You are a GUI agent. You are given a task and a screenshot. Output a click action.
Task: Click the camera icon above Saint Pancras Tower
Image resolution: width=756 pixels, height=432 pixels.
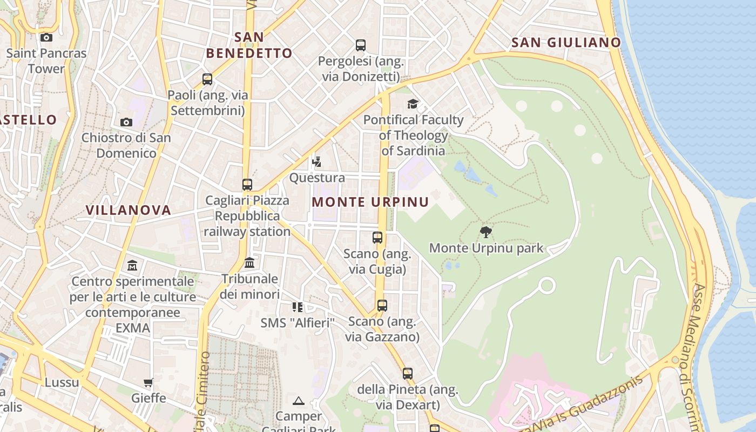(46, 37)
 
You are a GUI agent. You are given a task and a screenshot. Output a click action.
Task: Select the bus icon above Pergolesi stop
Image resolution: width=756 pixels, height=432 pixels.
(361, 45)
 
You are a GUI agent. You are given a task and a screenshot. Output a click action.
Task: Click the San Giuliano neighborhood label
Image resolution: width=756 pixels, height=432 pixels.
(566, 42)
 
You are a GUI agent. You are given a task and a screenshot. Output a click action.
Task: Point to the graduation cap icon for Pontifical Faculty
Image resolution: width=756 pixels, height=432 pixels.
(413, 104)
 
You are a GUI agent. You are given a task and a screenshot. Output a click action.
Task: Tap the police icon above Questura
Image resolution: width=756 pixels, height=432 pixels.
(317, 161)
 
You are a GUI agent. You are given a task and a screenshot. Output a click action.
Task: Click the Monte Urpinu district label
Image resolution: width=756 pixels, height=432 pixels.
(370, 202)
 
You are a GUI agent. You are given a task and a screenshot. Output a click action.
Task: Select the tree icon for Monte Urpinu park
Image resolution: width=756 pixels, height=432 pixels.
(485, 232)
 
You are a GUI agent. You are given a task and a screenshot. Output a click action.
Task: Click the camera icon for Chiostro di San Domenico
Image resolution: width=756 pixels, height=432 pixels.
(126, 122)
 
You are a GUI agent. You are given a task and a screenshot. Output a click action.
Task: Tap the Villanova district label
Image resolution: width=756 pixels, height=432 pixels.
(129, 210)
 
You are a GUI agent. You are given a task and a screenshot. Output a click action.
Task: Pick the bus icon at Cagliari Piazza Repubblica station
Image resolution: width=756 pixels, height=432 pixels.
(247, 184)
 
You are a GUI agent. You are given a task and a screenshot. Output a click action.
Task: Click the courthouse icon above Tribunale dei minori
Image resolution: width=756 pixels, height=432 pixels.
(249, 263)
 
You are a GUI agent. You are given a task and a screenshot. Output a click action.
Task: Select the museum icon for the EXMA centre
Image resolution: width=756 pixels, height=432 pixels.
(132, 265)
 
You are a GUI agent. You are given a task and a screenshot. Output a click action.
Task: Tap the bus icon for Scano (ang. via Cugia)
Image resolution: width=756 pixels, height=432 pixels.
(377, 237)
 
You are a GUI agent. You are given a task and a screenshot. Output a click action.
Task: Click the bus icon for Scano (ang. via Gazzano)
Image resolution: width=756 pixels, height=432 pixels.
(382, 306)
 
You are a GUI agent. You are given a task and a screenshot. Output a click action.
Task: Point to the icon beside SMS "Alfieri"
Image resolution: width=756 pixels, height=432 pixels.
(298, 307)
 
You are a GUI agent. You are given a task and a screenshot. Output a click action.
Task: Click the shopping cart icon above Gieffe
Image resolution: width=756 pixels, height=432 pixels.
(148, 382)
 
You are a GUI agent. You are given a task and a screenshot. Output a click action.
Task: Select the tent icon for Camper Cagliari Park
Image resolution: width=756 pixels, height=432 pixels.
(299, 401)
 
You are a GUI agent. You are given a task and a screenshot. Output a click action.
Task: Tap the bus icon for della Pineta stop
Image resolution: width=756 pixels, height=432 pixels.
(408, 373)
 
